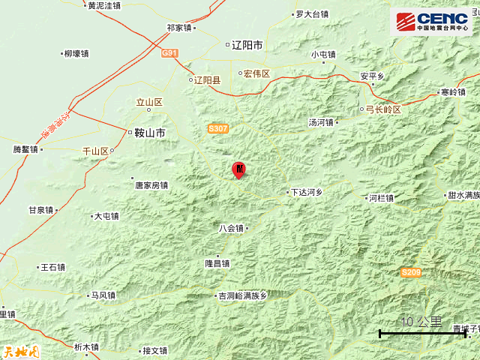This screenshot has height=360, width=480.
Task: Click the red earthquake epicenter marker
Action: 238,169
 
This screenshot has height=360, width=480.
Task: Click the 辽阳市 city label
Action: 247,46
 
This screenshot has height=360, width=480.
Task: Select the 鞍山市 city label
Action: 150,133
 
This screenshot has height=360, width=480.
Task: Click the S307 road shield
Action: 217,129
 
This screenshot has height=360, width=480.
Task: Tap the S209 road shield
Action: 410,272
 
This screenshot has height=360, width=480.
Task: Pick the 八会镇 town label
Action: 232,229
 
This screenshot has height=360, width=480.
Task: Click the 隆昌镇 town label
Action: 217,264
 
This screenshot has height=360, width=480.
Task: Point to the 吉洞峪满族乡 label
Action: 242,296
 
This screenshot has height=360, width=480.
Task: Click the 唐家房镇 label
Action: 151,185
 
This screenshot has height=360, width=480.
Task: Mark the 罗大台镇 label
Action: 311,14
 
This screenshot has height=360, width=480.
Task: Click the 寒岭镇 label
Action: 453,92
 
